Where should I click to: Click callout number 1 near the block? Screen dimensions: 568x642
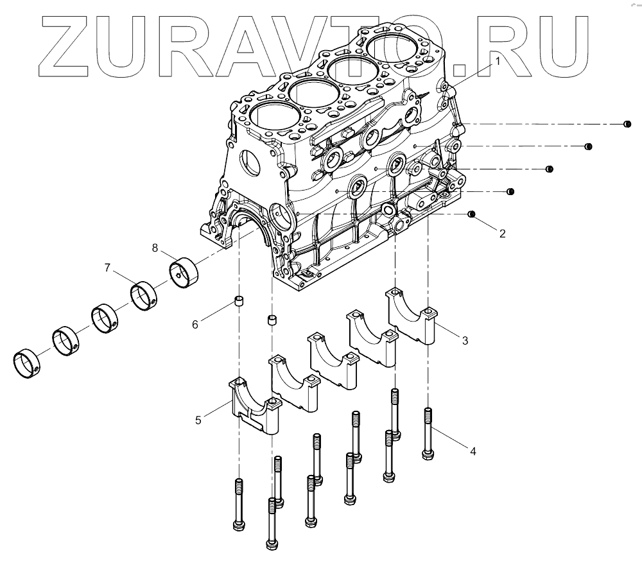pyautogui.click(x=496, y=62)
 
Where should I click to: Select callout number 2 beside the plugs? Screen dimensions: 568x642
pyautogui.click(x=502, y=234)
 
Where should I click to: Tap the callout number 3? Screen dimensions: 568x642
pyautogui.click(x=464, y=341)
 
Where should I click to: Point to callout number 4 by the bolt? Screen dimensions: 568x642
pyautogui.click(x=473, y=451)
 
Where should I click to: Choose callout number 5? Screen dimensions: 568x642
pyautogui.click(x=198, y=420)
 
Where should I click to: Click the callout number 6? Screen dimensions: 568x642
pyautogui.click(x=195, y=325)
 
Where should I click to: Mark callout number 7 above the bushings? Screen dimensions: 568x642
pyautogui.click(x=108, y=266)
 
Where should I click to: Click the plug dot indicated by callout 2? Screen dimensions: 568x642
pyautogui.click(x=472, y=214)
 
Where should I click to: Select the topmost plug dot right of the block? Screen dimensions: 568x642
pyautogui.click(x=627, y=124)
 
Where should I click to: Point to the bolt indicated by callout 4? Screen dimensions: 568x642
pyautogui.click(x=428, y=434)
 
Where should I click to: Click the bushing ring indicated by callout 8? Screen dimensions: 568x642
pyautogui.click(x=184, y=271)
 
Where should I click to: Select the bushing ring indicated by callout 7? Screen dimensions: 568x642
pyautogui.click(x=145, y=295)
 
